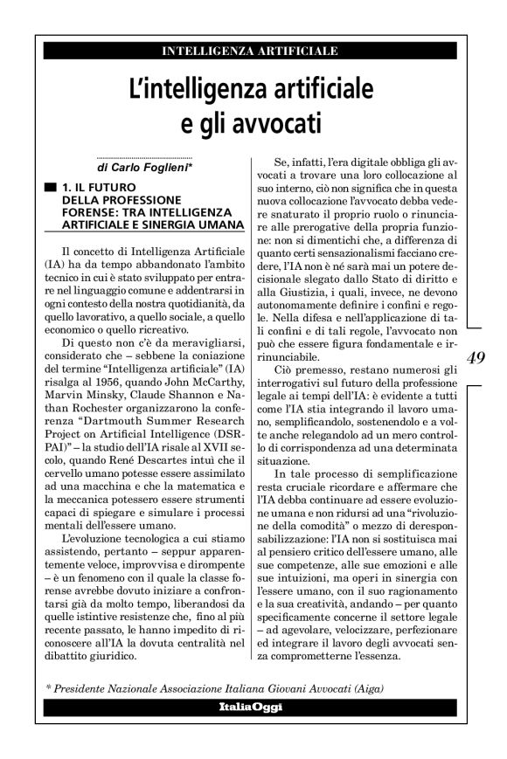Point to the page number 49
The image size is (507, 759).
coord(479,358)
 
